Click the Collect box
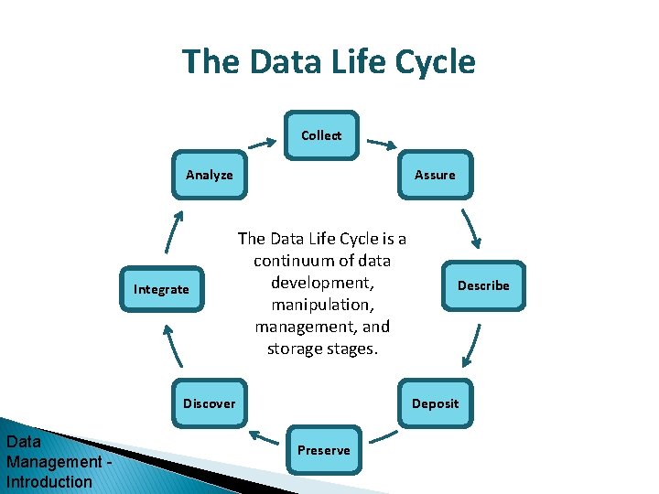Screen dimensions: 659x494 (x=321, y=135)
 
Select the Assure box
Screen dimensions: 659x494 (x=435, y=175)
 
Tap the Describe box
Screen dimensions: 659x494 (x=483, y=285)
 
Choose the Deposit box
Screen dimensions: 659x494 (x=435, y=403)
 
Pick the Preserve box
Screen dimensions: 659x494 (x=323, y=450)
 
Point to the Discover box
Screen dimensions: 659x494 (x=209, y=403)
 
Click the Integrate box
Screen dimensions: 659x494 (x=161, y=289)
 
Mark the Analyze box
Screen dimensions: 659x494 (x=209, y=175)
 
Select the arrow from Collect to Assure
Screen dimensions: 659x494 (x=382, y=143)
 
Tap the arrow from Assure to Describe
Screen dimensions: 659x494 (x=470, y=230)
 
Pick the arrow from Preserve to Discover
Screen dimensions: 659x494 (x=265, y=436)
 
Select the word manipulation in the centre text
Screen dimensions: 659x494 (x=322, y=304)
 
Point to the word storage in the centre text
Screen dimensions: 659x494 (x=294, y=348)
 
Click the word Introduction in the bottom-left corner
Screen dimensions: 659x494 (x=49, y=482)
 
